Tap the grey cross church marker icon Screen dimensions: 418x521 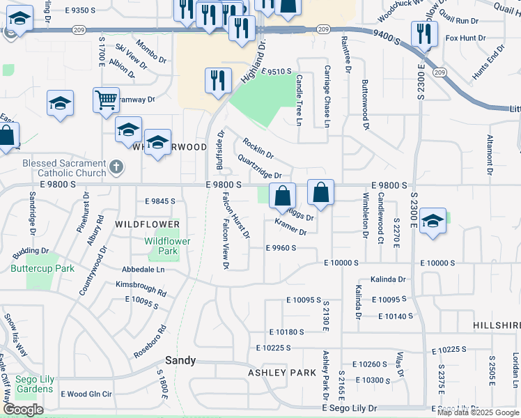coord(116,167)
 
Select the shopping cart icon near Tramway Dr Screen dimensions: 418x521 coord(106,99)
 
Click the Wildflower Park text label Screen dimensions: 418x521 coord(167,246)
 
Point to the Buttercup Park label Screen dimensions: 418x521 coord(42,268)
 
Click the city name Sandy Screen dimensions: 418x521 coord(180,361)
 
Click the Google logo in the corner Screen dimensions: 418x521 coord(23,410)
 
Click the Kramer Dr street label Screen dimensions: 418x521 coord(290,226)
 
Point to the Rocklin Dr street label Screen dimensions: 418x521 coord(258,148)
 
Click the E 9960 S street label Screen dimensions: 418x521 coord(281,247)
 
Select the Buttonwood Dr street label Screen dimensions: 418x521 coord(364,104)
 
